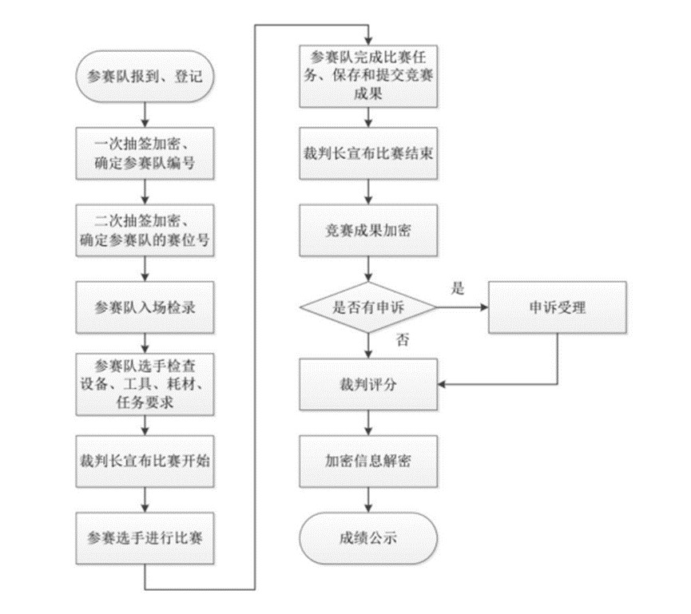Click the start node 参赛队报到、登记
(x=146, y=77)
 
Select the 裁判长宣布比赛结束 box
(x=368, y=154)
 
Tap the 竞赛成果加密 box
(x=368, y=231)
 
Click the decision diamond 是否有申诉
(x=368, y=307)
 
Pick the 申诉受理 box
(x=557, y=307)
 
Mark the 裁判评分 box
(x=368, y=384)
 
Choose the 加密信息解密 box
(x=368, y=461)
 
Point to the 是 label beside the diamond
(x=457, y=289)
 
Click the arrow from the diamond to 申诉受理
(x=463, y=307)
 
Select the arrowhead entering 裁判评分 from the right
(x=443, y=385)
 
